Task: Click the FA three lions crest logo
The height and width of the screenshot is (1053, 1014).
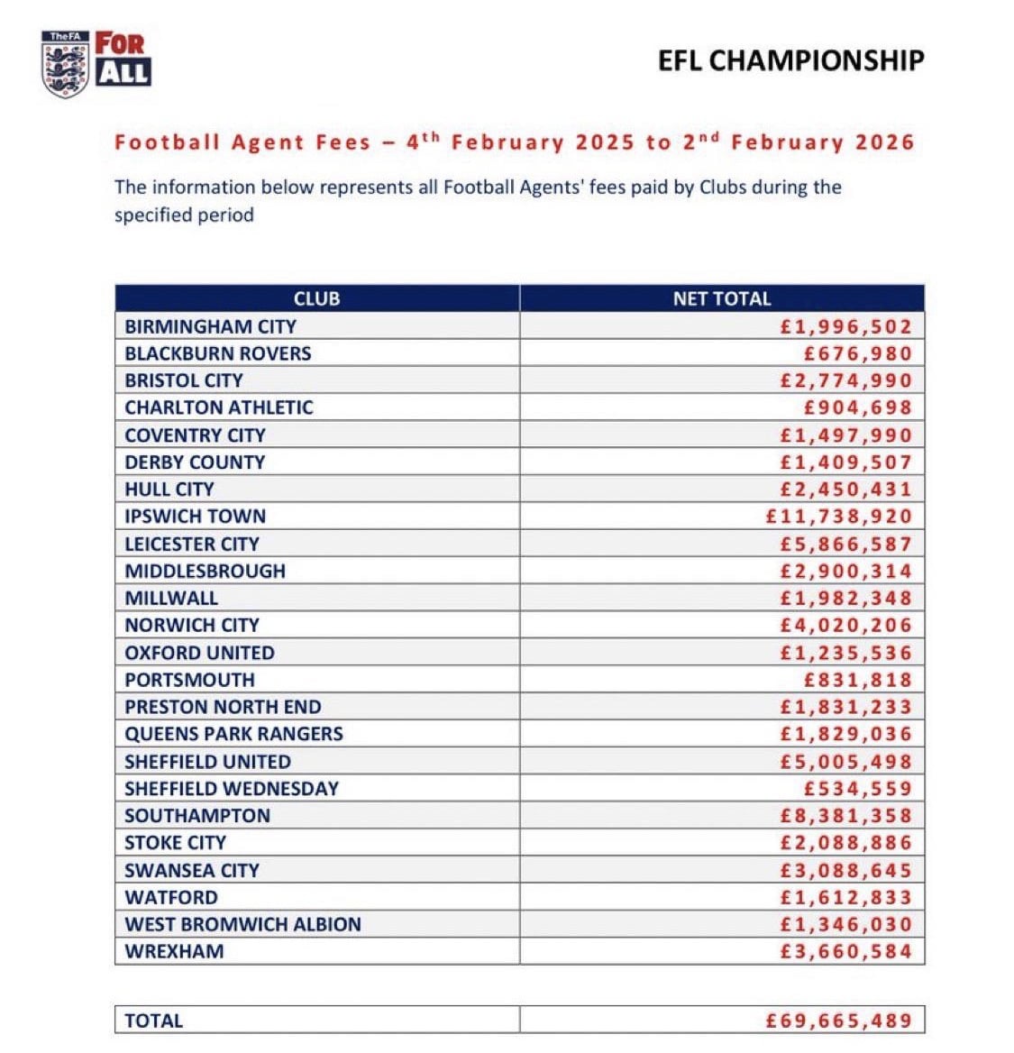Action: coord(66,64)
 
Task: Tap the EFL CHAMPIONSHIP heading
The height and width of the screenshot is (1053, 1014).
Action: coord(790,60)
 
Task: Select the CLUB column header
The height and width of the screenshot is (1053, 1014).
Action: coord(316,298)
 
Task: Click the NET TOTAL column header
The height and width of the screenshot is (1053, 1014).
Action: coord(722,298)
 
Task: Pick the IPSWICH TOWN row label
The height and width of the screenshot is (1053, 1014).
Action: coord(196,517)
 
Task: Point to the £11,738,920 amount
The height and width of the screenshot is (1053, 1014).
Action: coord(838,517)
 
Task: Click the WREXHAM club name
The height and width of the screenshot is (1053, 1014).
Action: coord(174,951)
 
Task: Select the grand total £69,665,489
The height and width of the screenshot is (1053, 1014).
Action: coord(838,1021)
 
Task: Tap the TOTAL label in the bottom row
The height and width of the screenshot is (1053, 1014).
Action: coord(154,1021)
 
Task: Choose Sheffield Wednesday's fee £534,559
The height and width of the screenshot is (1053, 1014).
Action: coord(858,789)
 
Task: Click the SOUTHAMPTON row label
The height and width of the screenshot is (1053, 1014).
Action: coord(197,816)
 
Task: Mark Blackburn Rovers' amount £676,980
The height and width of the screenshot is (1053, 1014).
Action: coord(858,353)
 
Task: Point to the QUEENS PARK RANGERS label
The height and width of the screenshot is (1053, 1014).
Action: coord(234,734)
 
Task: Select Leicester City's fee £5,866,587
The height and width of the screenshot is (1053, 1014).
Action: coord(846,544)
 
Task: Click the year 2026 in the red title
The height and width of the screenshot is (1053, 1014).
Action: coord(884,142)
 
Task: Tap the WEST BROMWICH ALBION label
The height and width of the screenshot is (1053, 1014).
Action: coord(242,924)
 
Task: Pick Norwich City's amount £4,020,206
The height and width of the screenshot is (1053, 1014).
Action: coord(846,625)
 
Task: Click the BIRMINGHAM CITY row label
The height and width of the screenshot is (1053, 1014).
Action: coord(210,326)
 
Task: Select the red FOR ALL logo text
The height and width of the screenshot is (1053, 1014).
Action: coord(123,59)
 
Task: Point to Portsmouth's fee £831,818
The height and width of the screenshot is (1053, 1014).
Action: coord(858,680)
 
